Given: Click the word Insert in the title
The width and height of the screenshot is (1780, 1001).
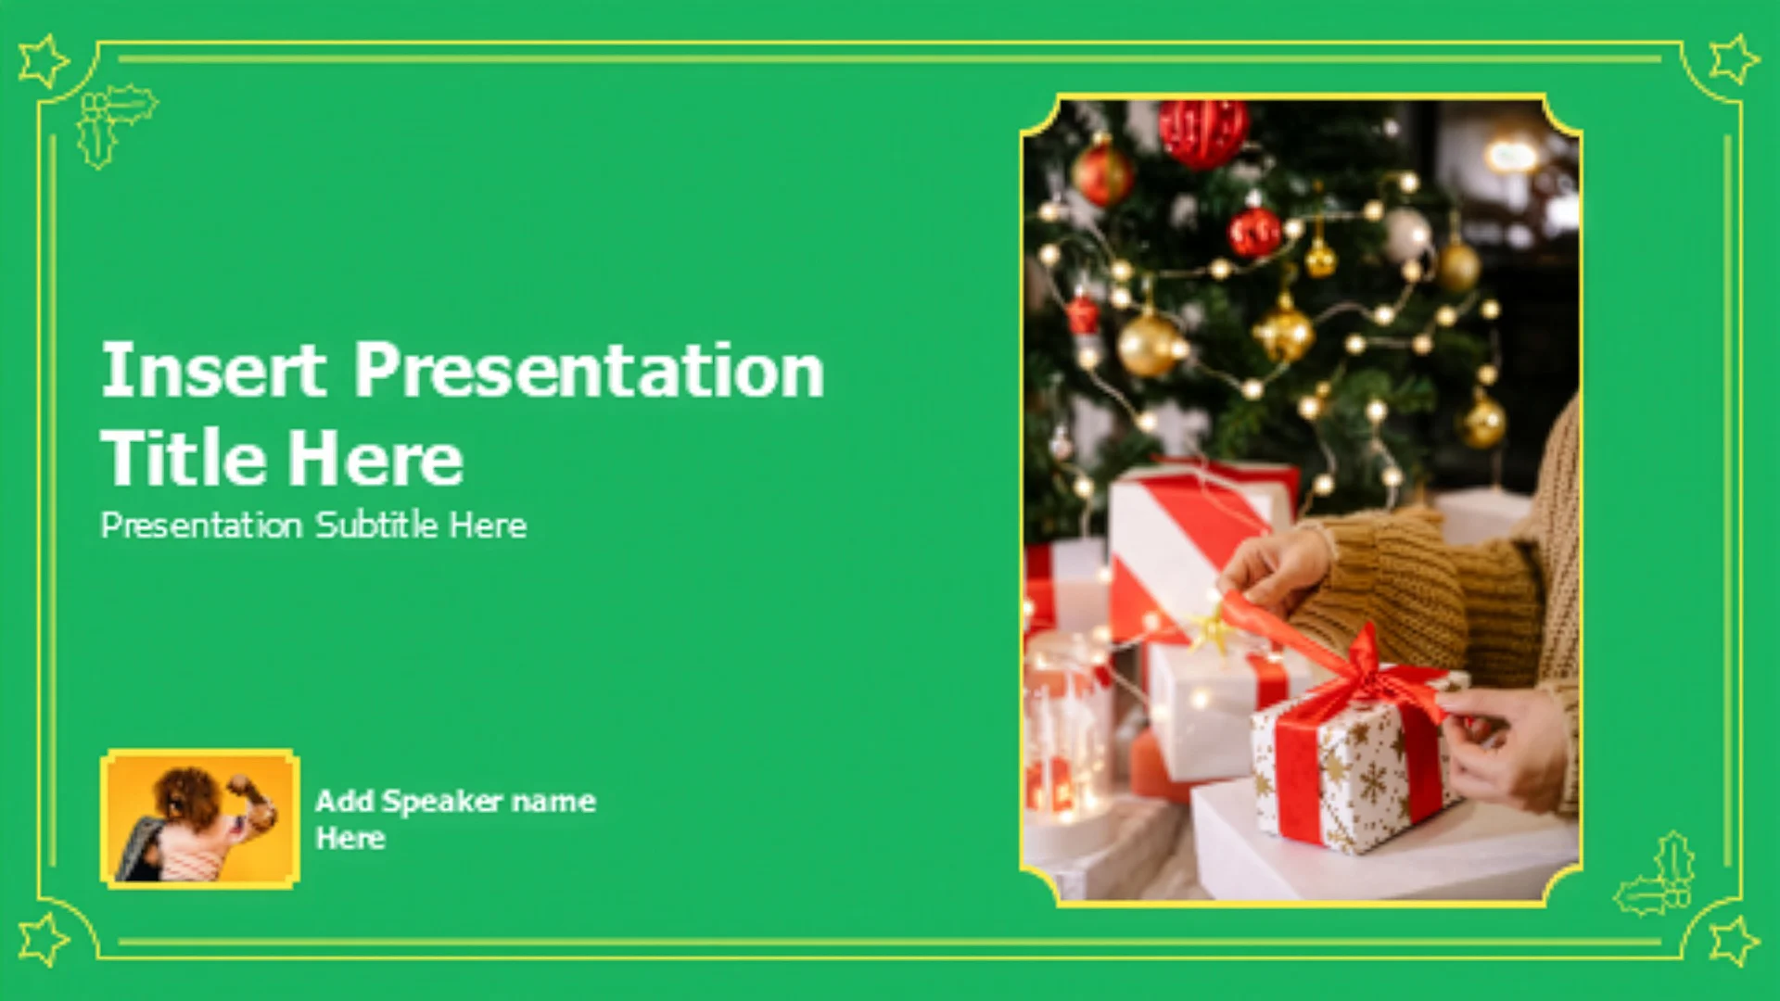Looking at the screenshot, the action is point(214,370).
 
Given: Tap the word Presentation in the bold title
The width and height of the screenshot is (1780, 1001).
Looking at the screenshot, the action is point(589,370).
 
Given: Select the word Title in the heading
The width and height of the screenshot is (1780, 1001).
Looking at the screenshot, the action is point(183,458).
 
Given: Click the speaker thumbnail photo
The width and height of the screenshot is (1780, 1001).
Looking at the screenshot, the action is point(200,819).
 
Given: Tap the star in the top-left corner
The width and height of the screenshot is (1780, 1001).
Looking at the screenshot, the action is point(43,61).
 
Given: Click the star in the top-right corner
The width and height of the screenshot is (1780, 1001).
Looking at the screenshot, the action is point(1734,60).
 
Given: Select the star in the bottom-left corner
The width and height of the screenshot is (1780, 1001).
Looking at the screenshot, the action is point(43,938).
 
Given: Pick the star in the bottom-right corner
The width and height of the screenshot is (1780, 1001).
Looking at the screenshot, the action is point(1734,940).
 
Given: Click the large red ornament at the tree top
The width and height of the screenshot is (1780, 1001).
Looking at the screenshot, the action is point(1202,131).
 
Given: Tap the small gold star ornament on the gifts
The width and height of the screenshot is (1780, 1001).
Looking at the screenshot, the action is point(1212,630).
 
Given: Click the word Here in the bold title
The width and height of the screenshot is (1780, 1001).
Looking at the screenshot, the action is point(375,458).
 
